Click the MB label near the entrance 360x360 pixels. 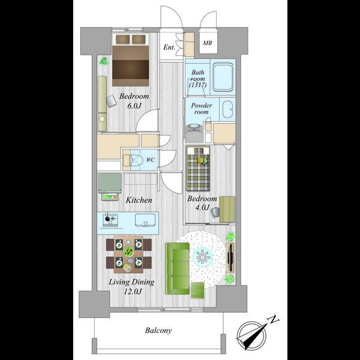click(208, 43)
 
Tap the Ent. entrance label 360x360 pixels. click(169, 47)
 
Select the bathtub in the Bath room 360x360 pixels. click(223, 77)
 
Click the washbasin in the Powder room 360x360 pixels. click(227, 109)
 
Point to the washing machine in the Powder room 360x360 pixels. click(194, 133)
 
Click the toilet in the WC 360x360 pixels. click(135, 160)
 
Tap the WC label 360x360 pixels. click(151, 160)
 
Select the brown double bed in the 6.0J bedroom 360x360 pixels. click(130, 60)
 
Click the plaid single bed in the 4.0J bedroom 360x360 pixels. click(198, 169)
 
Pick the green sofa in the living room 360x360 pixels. click(177, 268)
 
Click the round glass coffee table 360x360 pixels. click(203, 257)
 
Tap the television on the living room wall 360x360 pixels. click(230, 257)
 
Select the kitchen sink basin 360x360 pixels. click(145, 220)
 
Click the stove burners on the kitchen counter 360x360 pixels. click(110, 220)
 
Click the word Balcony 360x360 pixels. click(158, 331)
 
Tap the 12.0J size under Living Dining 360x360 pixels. click(133, 292)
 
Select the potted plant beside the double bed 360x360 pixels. click(104, 61)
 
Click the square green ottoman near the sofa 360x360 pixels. click(197, 290)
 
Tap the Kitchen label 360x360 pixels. click(139, 200)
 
